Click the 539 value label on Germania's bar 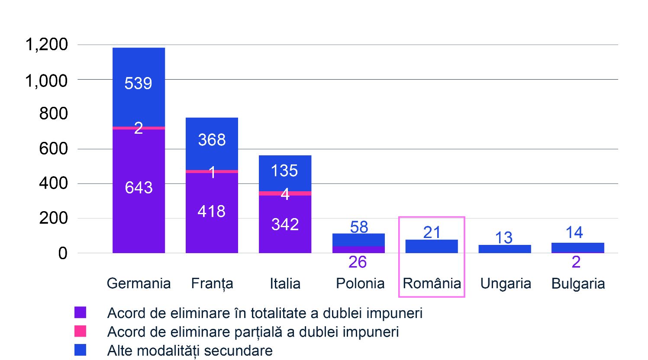click(x=139, y=83)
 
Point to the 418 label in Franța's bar click(x=212, y=211)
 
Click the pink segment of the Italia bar click(x=285, y=193)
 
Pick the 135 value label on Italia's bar click(x=284, y=170)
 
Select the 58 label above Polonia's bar click(x=359, y=227)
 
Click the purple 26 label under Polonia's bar click(x=358, y=262)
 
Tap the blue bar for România click(x=432, y=246)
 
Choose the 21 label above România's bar click(x=432, y=232)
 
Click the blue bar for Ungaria click(x=505, y=249)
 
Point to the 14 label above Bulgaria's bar click(x=574, y=232)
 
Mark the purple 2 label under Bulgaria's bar click(x=576, y=262)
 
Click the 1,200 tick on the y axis click(x=47, y=45)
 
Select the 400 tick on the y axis click(x=54, y=183)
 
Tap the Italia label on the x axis click(x=285, y=283)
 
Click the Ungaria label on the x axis click(x=506, y=283)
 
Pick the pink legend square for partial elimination click(x=80, y=331)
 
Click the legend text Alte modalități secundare click(x=190, y=350)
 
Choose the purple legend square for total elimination click(x=80, y=312)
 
